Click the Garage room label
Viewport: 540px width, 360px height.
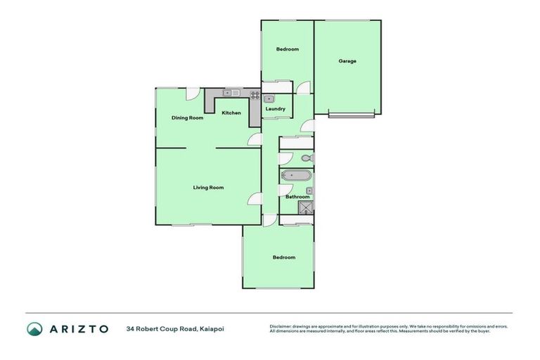point(347,61)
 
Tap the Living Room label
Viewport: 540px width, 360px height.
point(209,188)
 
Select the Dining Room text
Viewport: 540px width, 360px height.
point(187,118)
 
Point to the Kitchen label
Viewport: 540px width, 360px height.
point(231,113)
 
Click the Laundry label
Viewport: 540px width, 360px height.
point(275,109)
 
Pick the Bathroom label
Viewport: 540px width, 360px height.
point(297,197)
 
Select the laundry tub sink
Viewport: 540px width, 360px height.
point(269,99)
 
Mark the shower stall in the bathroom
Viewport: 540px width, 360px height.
point(306,207)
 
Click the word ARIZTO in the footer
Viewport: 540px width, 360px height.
point(78,328)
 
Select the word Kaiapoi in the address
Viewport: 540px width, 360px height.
point(216,328)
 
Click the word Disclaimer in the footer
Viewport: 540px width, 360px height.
point(283,326)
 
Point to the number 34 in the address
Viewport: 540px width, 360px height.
point(130,328)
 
